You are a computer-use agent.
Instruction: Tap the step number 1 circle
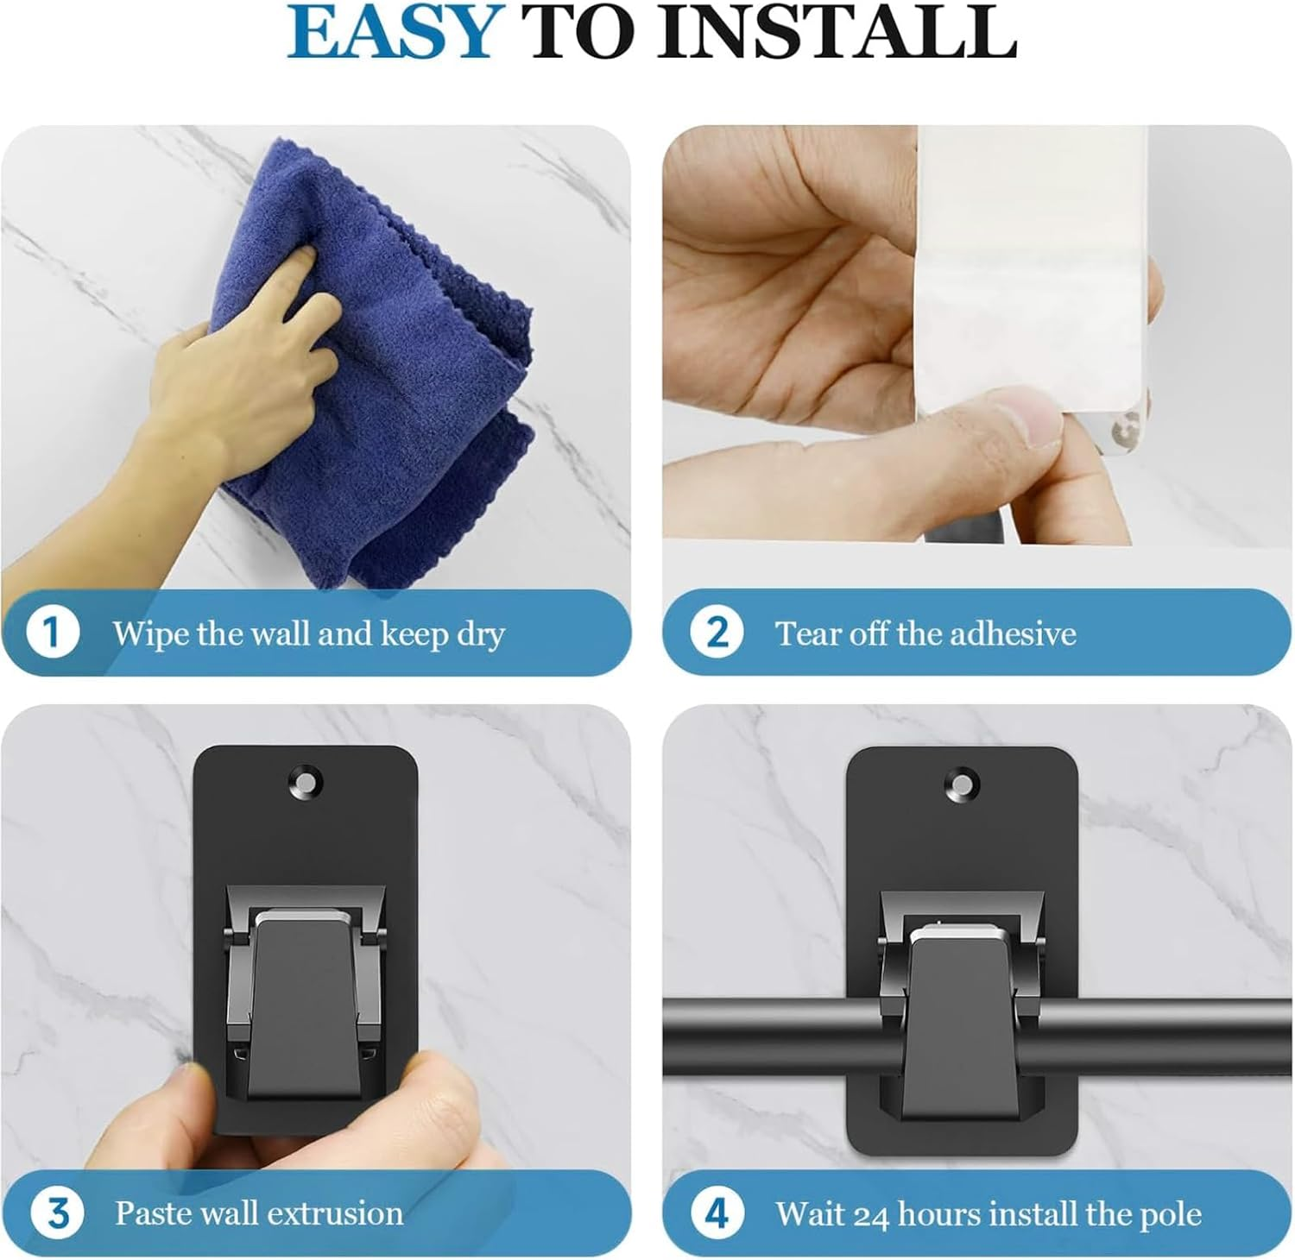[x=52, y=633]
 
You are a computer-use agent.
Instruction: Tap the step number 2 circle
[x=717, y=633]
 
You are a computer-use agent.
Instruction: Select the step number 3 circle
[x=57, y=1213]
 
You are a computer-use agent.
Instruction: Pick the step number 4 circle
[x=717, y=1213]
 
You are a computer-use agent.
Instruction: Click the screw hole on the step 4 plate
[x=961, y=785]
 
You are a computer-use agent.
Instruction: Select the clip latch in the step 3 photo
[x=304, y=1001]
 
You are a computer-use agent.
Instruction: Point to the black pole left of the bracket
[x=768, y=1036]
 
